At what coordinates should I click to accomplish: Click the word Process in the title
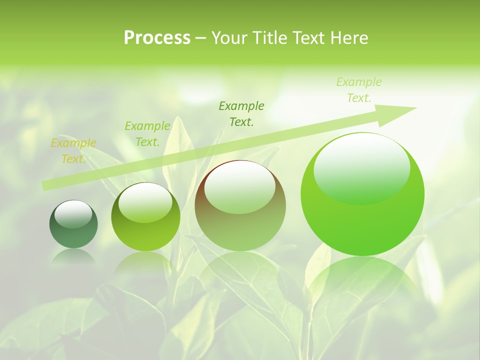157,38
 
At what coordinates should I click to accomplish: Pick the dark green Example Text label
241,113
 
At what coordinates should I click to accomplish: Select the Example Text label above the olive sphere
147,134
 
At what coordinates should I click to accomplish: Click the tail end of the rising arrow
44,186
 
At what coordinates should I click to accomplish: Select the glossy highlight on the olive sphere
145,202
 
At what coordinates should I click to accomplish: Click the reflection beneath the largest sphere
362,280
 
